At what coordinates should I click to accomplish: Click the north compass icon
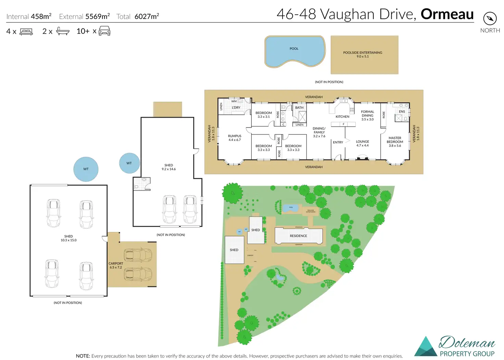490,18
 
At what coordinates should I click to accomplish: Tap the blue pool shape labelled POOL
294,51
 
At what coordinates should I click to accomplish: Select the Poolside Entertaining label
363,54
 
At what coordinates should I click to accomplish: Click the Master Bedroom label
395,141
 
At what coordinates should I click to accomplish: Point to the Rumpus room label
235,138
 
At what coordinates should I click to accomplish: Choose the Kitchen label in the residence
342,116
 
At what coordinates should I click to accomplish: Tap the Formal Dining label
367,115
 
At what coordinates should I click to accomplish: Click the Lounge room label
362,143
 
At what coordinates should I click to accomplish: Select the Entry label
338,142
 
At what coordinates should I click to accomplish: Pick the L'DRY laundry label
236,108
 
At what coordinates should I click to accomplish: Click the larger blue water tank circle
86,169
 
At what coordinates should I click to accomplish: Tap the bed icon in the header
26,32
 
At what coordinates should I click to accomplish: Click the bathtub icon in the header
63,32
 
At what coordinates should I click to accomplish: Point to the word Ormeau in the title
447,14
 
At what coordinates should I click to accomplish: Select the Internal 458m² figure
41,16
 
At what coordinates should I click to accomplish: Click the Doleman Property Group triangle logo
426,347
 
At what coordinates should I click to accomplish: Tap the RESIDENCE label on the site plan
298,236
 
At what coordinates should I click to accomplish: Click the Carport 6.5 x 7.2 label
116,265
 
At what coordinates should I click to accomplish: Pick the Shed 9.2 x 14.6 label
168,167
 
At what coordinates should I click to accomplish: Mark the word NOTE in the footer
83,356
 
